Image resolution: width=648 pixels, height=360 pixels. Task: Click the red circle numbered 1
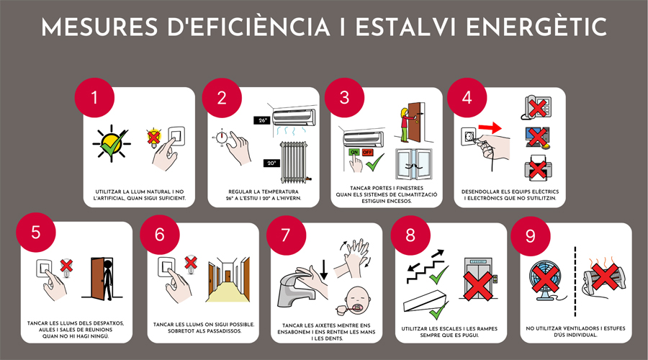[94, 98]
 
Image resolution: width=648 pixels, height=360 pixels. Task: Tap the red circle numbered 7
[286, 235]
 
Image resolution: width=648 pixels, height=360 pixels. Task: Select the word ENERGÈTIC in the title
[536, 27]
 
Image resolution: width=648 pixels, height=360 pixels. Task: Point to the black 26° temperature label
[263, 120]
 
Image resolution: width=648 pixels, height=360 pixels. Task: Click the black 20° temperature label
[271, 163]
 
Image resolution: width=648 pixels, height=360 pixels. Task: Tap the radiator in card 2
[294, 163]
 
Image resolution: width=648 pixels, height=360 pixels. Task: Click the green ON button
[354, 152]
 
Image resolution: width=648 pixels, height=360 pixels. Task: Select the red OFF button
[367, 152]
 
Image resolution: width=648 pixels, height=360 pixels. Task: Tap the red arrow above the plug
[490, 127]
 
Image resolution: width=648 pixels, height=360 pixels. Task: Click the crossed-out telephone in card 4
[538, 107]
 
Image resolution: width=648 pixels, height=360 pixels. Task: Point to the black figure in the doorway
[108, 279]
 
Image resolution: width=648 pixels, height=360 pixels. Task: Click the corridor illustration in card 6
[228, 279]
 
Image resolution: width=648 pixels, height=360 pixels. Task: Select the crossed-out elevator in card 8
[479, 279]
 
